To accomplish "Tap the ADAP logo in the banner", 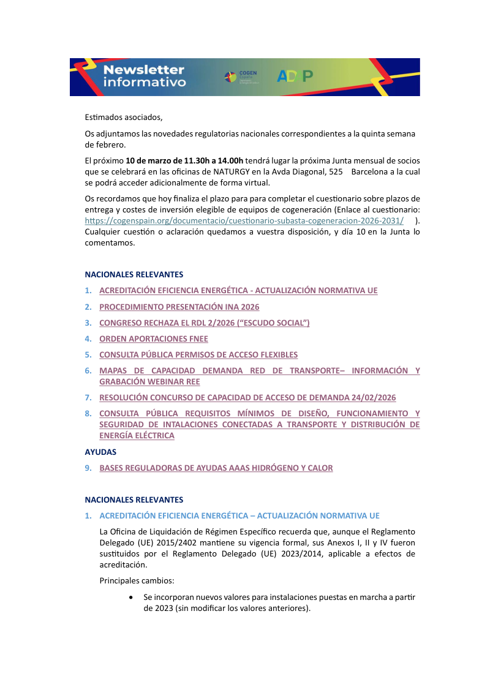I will pos(295,76).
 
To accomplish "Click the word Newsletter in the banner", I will pos(144,70).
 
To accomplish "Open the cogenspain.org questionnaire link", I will pos(244,220).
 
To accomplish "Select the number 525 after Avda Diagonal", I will pos(336,172).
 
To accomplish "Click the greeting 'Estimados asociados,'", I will pos(124,117).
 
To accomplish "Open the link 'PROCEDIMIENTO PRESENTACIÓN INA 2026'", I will pos(179,307).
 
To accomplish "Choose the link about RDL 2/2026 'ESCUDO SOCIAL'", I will pos(204,323).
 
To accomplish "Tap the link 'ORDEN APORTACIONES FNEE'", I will pos(154,339).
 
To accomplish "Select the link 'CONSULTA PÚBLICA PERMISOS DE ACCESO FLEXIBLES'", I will pos(198,354).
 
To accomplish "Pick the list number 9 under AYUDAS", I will pos(88,468).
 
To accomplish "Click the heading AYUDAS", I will pos(100,452).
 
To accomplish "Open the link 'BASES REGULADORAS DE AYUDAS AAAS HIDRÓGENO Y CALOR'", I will pos(216,468).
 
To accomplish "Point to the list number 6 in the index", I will pos(88,370).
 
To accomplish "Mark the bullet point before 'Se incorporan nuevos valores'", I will pos(131,596).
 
